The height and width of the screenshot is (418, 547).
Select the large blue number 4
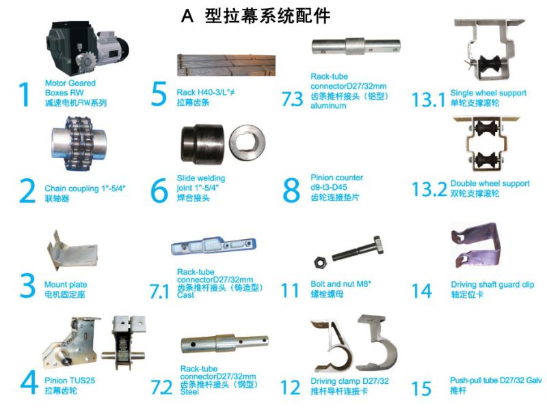tap(28, 382)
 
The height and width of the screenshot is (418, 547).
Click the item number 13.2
tap(429, 190)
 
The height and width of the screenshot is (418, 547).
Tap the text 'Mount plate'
tap(66, 285)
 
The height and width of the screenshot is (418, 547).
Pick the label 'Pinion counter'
tap(336, 178)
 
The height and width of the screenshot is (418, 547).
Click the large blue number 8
tap(291, 189)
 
